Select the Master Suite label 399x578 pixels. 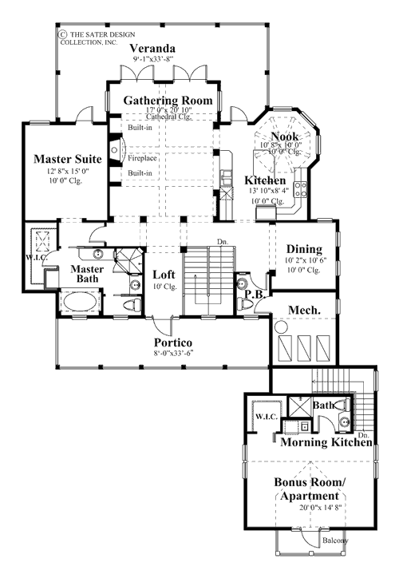[67, 159]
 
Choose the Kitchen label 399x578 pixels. [261, 180]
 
